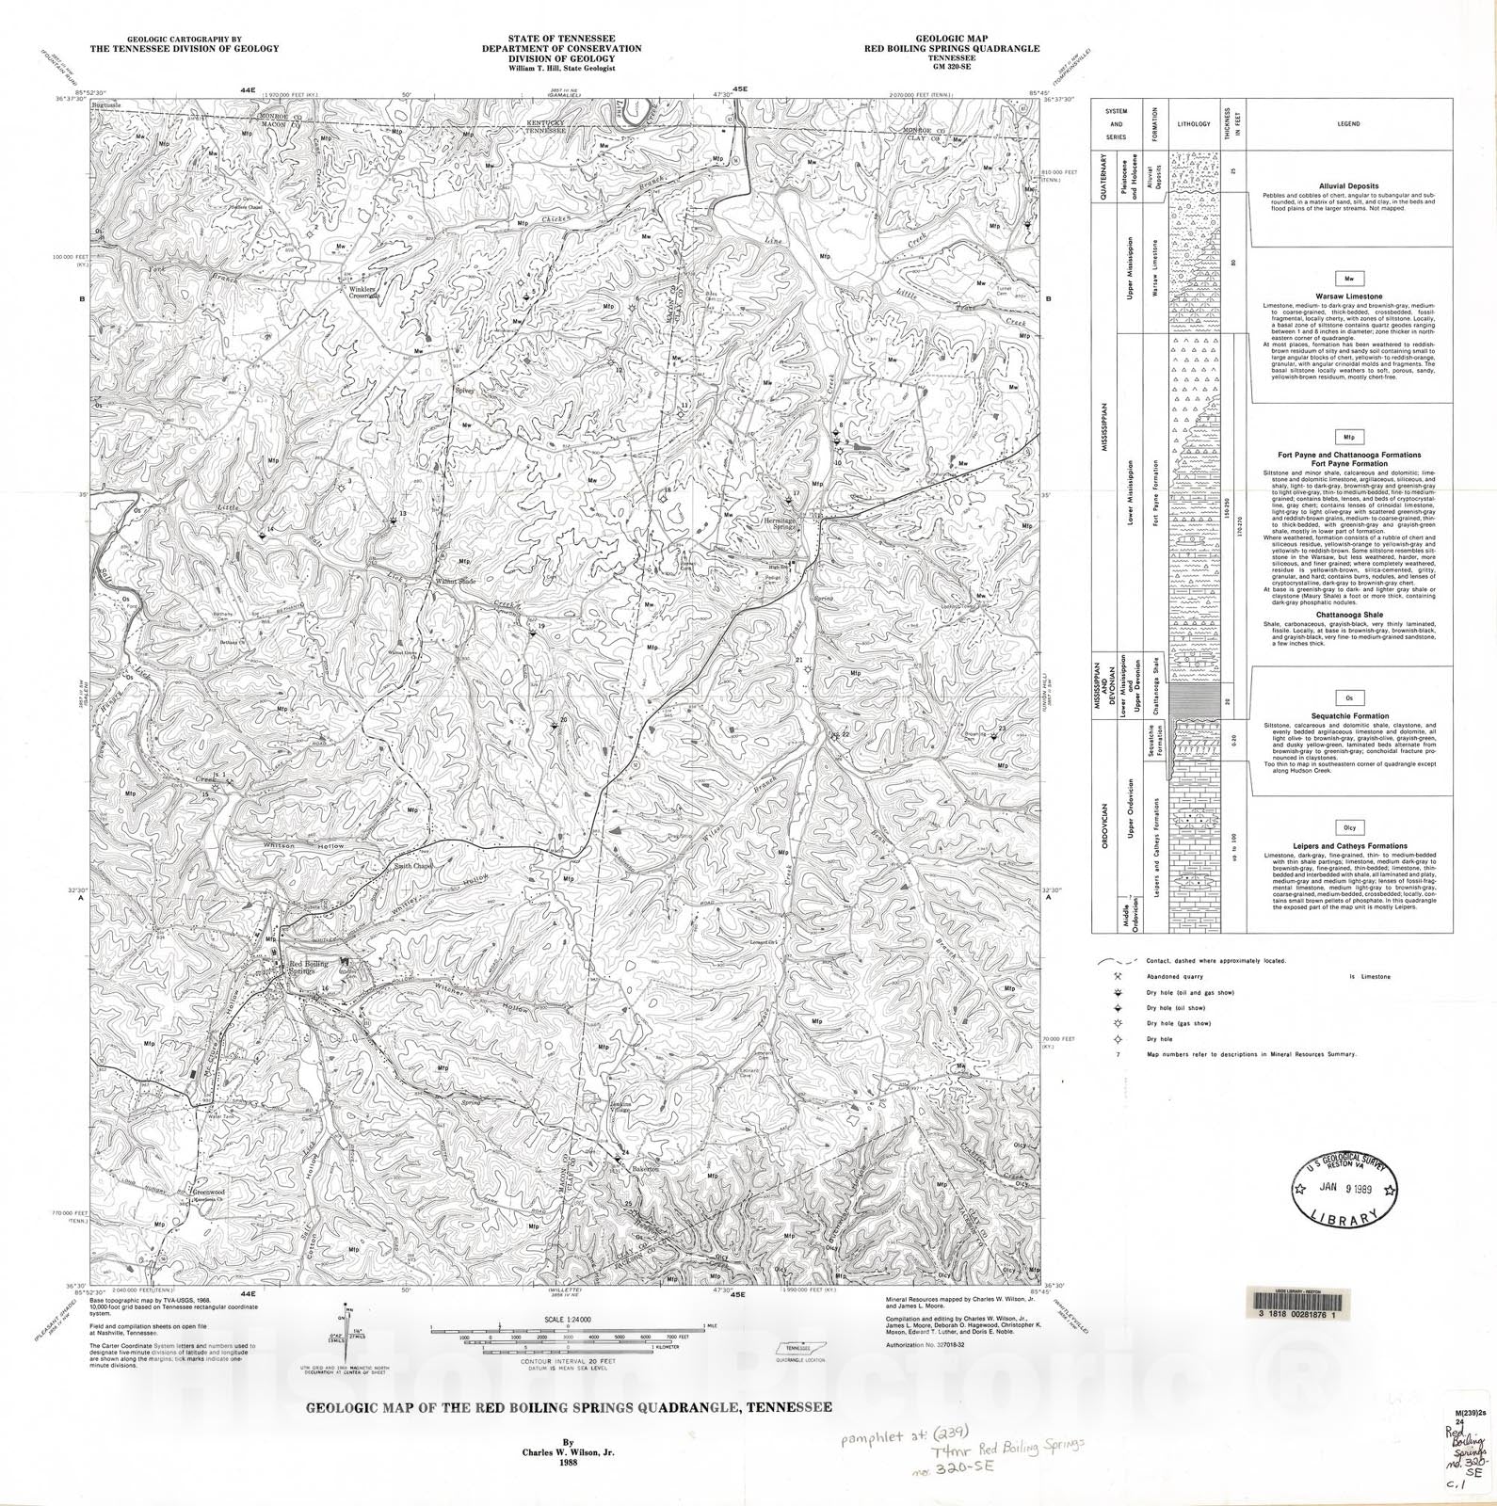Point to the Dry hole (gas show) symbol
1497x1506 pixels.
coord(1118,1023)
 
